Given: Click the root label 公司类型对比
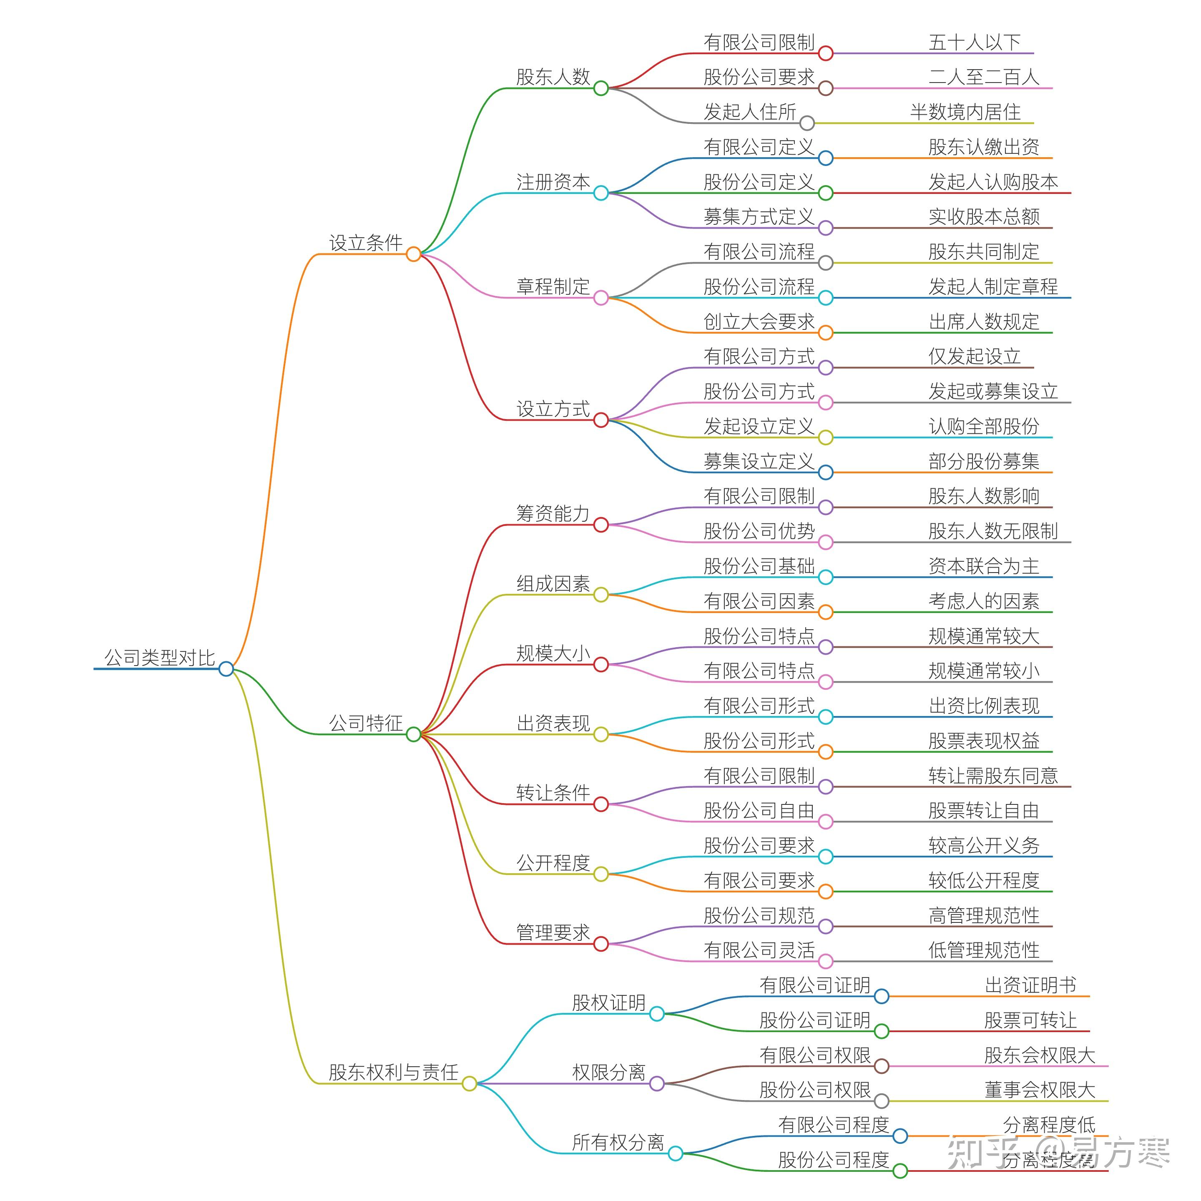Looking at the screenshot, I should [x=159, y=657].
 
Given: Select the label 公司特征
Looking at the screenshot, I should [x=366, y=723].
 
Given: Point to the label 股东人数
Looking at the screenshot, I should [x=553, y=76].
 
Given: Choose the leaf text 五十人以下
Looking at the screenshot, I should [x=974, y=42].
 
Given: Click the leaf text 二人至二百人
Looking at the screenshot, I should [x=983, y=77].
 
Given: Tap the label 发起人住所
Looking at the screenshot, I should [x=750, y=112].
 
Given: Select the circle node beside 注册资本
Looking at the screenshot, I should [x=600, y=193].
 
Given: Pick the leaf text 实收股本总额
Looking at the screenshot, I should [x=983, y=216].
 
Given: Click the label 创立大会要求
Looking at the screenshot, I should [x=759, y=322].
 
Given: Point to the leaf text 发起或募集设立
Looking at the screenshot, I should [x=993, y=391].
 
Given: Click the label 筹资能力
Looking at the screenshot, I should [x=553, y=513].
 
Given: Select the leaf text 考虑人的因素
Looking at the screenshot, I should [x=983, y=601].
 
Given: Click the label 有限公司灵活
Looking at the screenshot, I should [x=759, y=950].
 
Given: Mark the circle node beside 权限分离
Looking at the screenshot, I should [x=656, y=1083].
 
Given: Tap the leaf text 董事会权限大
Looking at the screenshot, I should [x=1039, y=1090].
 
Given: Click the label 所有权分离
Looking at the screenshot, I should [x=618, y=1142].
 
